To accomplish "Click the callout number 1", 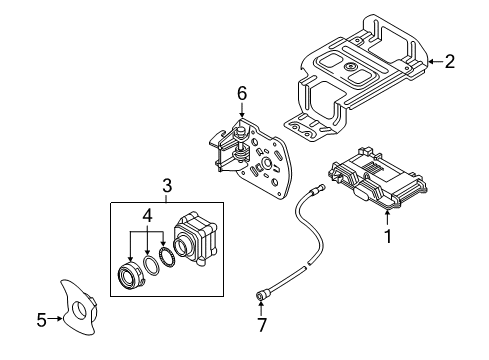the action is [x=387, y=236].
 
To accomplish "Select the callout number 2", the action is [x=450, y=61].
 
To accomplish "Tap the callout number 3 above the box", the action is [x=167, y=185].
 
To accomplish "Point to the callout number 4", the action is [x=147, y=215].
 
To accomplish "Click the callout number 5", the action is [x=41, y=320].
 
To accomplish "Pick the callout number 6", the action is [x=242, y=93].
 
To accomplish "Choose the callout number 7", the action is [x=262, y=325].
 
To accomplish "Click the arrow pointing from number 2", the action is [x=435, y=61].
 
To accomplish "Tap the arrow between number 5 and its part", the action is [x=55, y=319].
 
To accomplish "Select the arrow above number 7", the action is [x=261, y=308].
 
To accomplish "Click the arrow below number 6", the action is [x=242, y=110].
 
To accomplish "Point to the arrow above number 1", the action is [x=387, y=217].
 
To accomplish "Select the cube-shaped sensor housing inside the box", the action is [x=195, y=238].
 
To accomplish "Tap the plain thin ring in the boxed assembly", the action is [x=152, y=266].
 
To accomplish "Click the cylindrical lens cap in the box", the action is [x=131, y=276].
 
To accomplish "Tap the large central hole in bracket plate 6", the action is [x=267, y=163].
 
